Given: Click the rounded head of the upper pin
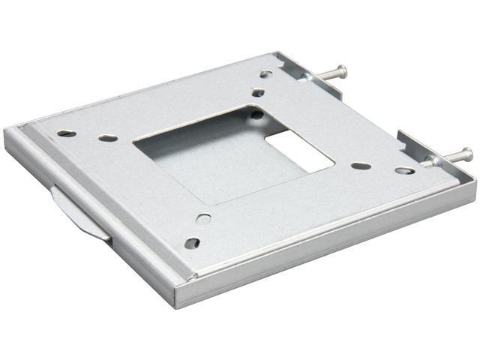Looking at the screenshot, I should [343, 71].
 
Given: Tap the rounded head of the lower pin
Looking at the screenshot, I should [467, 155].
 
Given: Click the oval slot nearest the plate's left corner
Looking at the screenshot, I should [66, 133].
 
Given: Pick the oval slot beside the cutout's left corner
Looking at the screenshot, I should [108, 138].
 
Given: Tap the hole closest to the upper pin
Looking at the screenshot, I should [266, 73].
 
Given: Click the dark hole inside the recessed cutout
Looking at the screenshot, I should [256, 115].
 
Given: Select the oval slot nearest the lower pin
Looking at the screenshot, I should [405, 171].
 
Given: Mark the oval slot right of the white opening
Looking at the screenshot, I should [361, 165].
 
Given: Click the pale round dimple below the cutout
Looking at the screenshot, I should [203, 219].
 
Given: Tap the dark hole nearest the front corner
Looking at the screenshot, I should [192, 243].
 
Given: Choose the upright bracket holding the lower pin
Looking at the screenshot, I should [416, 150].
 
